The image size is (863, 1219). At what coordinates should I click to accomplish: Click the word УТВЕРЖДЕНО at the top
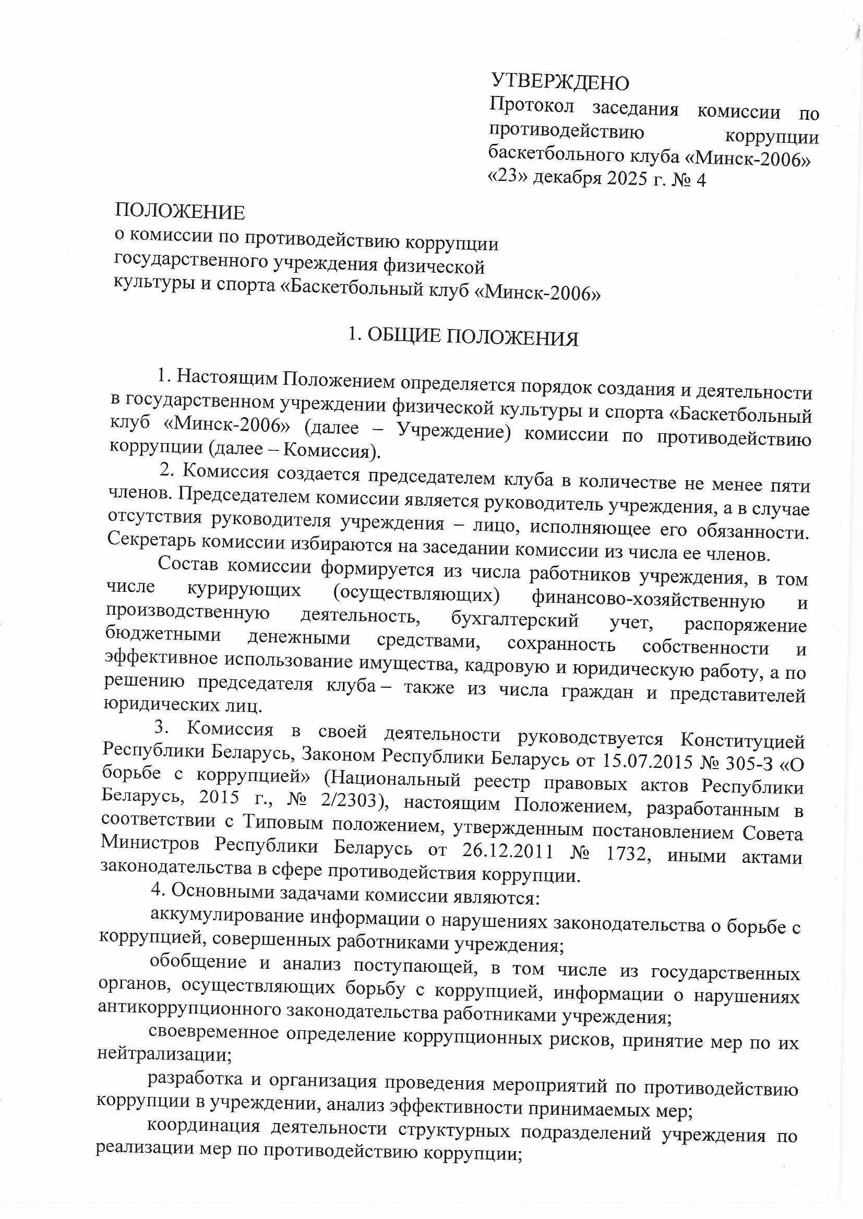[x=560, y=82]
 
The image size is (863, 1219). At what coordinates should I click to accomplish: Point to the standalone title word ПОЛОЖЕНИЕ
[x=180, y=212]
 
